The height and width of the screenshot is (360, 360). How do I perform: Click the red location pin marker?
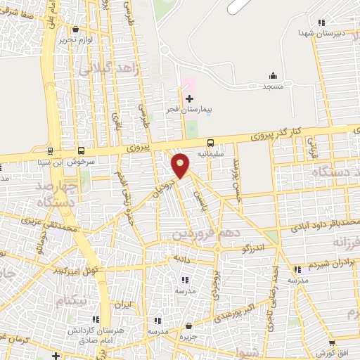click(x=181, y=166)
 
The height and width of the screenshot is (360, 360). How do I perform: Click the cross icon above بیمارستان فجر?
click(x=189, y=98)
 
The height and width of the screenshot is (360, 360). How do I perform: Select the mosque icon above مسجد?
click(x=273, y=76)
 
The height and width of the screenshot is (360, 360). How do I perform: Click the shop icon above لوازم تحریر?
click(x=75, y=29)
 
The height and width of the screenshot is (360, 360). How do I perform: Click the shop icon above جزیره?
click(x=189, y=326)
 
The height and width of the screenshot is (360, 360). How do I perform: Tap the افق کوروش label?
click(x=326, y=352)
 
